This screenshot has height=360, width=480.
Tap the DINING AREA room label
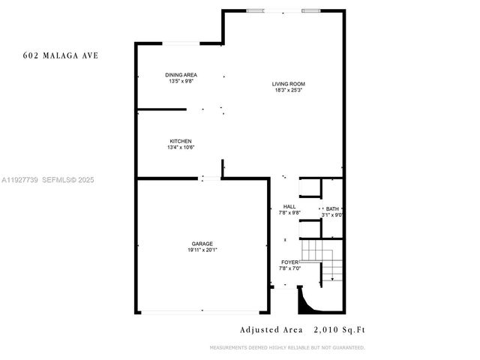click(180, 75)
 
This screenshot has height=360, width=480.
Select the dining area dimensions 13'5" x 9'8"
click(180, 81)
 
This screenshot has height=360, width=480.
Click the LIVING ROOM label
click(289, 83)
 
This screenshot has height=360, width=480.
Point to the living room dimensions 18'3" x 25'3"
click(289, 90)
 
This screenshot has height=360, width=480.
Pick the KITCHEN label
click(180, 141)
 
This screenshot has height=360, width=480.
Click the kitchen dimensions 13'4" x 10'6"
click(180, 148)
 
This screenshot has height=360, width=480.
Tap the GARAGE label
click(202, 244)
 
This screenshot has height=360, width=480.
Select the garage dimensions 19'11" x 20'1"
click(202, 250)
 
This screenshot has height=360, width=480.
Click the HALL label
click(289, 207)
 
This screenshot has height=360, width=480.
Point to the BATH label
click(331, 209)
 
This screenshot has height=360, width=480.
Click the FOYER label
click(289, 262)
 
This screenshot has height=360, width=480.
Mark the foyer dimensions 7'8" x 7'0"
click(289, 268)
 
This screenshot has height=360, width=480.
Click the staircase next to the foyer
click(321, 262)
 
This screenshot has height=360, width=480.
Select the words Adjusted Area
click(271, 329)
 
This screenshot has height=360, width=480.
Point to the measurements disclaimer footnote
click(287, 347)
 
